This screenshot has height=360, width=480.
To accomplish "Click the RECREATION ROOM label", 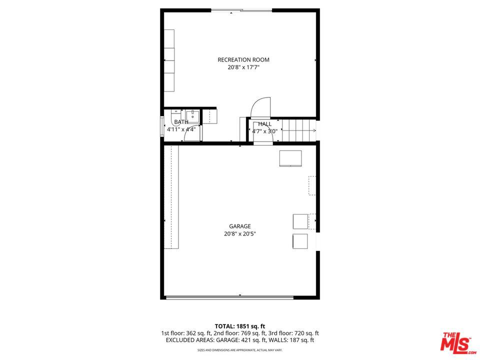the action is pyautogui.click(x=243, y=59).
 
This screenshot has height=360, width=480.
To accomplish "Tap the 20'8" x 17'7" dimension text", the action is pyautogui.click(x=243, y=67).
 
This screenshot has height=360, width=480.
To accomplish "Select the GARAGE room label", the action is pyautogui.click(x=240, y=226).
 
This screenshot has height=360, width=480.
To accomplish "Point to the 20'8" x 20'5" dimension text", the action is pyautogui.click(x=240, y=234).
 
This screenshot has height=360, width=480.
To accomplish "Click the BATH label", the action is pyautogui.click(x=181, y=122).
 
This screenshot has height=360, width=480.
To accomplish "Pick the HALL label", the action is pyautogui.click(x=265, y=124).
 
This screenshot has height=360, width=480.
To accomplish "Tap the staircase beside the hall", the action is pyautogui.click(x=299, y=130).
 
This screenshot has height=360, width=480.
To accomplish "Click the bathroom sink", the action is pyautogui.click(x=192, y=116).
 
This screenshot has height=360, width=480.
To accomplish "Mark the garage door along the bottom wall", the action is pyautogui.click(x=229, y=297).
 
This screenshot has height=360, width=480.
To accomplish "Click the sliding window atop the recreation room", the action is pyautogui.click(x=241, y=10).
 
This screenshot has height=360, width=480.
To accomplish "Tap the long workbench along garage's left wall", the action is pyautogui.click(x=171, y=197).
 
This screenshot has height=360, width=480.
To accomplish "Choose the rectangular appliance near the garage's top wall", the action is pyautogui.click(x=290, y=158).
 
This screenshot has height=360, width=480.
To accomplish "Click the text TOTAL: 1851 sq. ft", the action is pyautogui.click(x=240, y=326).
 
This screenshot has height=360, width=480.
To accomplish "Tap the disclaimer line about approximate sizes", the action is pyautogui.click(x=240, y=350).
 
